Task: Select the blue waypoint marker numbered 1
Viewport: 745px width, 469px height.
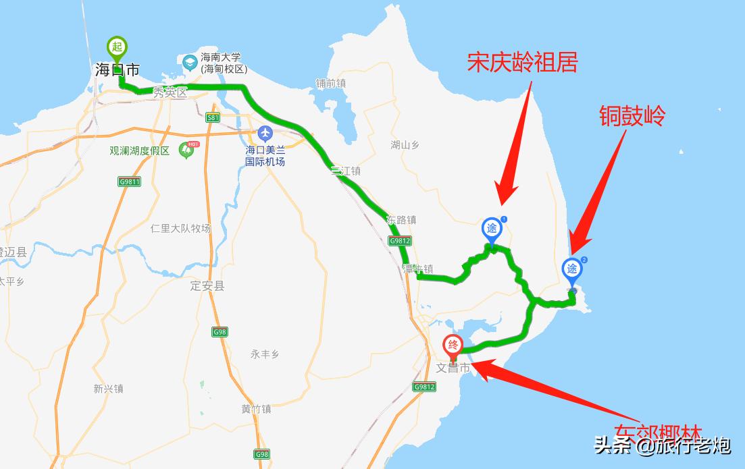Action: (x=492, y=228)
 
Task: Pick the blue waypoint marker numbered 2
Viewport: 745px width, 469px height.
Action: (x=573, y=269)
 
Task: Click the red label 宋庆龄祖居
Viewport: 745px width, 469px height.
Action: (x=523, y=63)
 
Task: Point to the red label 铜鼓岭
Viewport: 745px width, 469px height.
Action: (x=632, y=115)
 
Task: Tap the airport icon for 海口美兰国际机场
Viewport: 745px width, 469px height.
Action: (x=265, y=132)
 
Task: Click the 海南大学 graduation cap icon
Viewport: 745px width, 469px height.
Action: (x=190, y=63)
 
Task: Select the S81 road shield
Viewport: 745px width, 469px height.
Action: (x=213, y=117)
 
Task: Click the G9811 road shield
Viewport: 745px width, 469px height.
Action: (x=129, y=182)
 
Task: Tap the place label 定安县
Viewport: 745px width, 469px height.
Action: (x=207, y=285)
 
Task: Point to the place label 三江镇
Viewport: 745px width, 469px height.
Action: (x=346, y=171)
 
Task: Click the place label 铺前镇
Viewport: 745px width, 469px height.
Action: (x=330, y=84)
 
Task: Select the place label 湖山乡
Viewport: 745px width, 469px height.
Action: (x=405, y=144)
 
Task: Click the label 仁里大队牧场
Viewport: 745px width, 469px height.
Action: (x=180, y=229)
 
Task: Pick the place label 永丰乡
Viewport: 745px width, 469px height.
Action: (x=264, y=354)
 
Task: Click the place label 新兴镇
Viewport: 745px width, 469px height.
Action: (x=108, y=389)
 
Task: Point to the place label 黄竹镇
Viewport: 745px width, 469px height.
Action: (x=256, y=409)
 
